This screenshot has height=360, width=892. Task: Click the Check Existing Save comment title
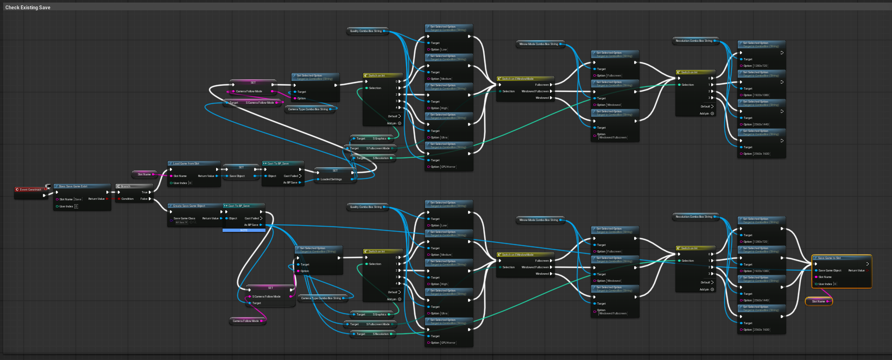tap(28, 8)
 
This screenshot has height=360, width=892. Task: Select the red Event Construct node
tap(30, 190)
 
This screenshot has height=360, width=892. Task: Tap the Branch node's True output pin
tap(150, 192)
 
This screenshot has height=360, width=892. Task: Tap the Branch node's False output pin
tap(150, 199)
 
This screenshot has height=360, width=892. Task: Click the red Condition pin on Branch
tap(119, 199)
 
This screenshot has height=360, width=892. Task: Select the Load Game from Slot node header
tap(193, 163)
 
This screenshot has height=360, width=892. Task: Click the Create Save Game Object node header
tap(193, 206)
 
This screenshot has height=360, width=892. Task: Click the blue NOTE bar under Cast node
tap(244, 230)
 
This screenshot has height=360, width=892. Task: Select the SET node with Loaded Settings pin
tap(335, 170)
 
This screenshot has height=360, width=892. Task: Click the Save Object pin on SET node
tap(227, 176)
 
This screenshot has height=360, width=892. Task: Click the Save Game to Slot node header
tap(841, 258)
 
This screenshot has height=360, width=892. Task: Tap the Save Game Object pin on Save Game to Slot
tap(816, 270)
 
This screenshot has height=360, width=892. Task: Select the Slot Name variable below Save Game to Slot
tap(818, 301)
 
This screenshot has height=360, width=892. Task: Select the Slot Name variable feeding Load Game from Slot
tap(144, 174)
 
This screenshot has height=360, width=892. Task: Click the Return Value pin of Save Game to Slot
tap(867, 270)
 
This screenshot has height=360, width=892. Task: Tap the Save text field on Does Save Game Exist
tap(78, 199)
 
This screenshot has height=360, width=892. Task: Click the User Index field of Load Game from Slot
tap(190, 183)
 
